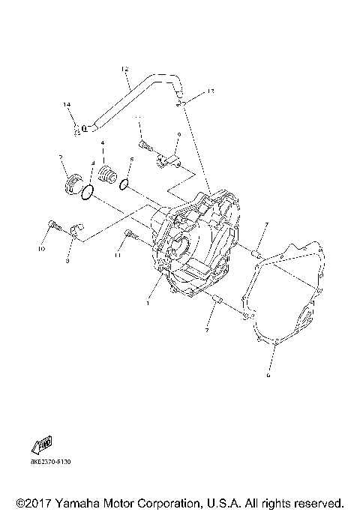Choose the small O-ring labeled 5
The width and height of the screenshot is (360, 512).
point(127,182)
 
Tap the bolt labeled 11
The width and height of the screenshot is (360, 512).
point(131,235)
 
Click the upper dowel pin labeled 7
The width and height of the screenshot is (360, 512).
point(256,255)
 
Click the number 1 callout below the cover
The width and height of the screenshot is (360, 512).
point(148,303)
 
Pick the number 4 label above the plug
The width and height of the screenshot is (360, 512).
point(103,143)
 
